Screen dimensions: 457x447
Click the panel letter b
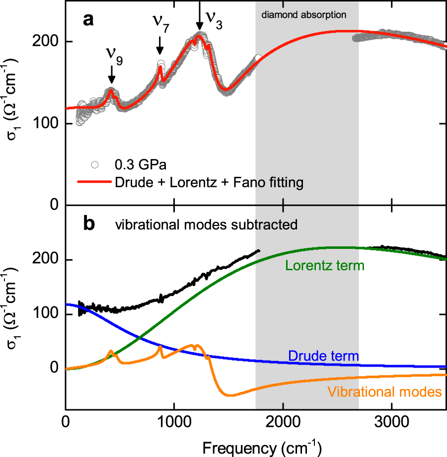(88, 225)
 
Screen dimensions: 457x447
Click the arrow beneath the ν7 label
(160, 47)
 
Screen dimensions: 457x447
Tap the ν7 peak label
(160, 24)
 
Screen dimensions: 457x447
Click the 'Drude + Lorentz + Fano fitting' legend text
(209, 183)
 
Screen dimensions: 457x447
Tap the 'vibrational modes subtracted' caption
(206, 225)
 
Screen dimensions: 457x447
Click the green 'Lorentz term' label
(325, 266)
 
